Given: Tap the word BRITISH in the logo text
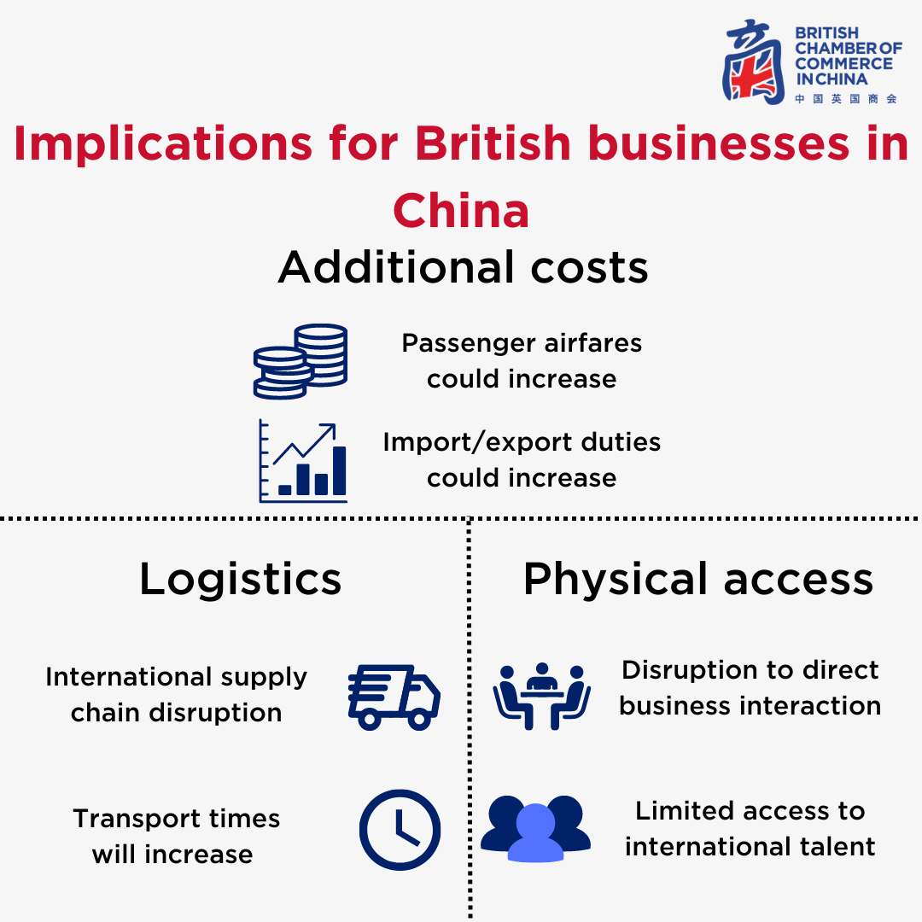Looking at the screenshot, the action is (x=826, y=33).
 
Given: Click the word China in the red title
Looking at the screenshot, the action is (x=461, y=211).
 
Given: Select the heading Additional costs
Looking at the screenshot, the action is (x=463, y=267).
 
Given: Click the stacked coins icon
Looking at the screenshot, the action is (x=301, y=362).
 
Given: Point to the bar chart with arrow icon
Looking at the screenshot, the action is (x=303, y=461).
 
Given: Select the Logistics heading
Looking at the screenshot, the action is (x=240, y=580).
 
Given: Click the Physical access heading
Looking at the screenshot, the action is (x=698, y=580).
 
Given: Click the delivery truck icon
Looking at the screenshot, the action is (x=394, y=697).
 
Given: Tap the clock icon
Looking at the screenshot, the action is (x=400, y=830).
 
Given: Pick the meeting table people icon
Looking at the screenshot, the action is (x=541, y=697).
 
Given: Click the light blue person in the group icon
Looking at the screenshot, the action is (x=535, y=833).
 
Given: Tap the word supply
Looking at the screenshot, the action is (x=264, y=678).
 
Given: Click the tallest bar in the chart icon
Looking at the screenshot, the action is (x=339, y=471).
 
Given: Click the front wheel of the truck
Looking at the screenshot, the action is (x=419, y=719).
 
